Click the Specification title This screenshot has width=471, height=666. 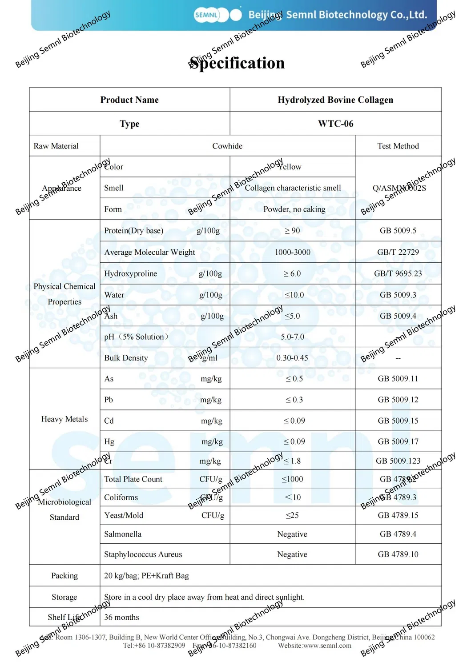[237, 63]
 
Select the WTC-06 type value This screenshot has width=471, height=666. [335, 124]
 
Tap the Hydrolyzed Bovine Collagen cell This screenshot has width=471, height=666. [335, 100]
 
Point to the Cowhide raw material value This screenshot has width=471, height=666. [227, 146]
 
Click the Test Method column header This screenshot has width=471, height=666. [398, 146]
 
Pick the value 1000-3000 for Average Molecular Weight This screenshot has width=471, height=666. [292, 252]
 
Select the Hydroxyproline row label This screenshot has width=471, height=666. [130, 273]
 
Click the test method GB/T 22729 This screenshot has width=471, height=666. [398, 252]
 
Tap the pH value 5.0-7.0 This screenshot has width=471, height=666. [292, 337]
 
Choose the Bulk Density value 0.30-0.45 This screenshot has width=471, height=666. [292, 358]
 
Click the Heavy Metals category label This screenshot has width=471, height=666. [64, 419]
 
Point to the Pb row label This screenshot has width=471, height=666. [109, 400]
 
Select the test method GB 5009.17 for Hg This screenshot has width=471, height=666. [398, 441]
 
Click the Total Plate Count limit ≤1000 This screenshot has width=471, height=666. [292, 479]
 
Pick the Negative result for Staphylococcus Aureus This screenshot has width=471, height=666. [292, 554]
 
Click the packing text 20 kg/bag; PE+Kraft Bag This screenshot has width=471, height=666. [146, 576]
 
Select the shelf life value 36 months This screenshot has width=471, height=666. [121, 617]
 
